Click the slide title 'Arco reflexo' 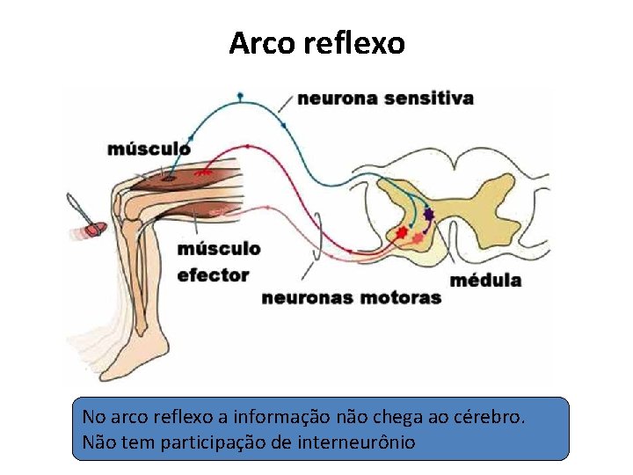tap(316, 42)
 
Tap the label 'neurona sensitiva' tap(385, 99)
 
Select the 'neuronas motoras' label tap(351, 297)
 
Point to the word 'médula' tap(485, 281)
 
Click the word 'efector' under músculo tap(213, 275)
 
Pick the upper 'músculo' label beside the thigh tap(149, 148)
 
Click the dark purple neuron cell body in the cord tap(428, 213)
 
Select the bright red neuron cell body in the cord tap(403, 233)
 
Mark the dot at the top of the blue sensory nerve tap(240, 94)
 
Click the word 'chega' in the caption tap(402, 415)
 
